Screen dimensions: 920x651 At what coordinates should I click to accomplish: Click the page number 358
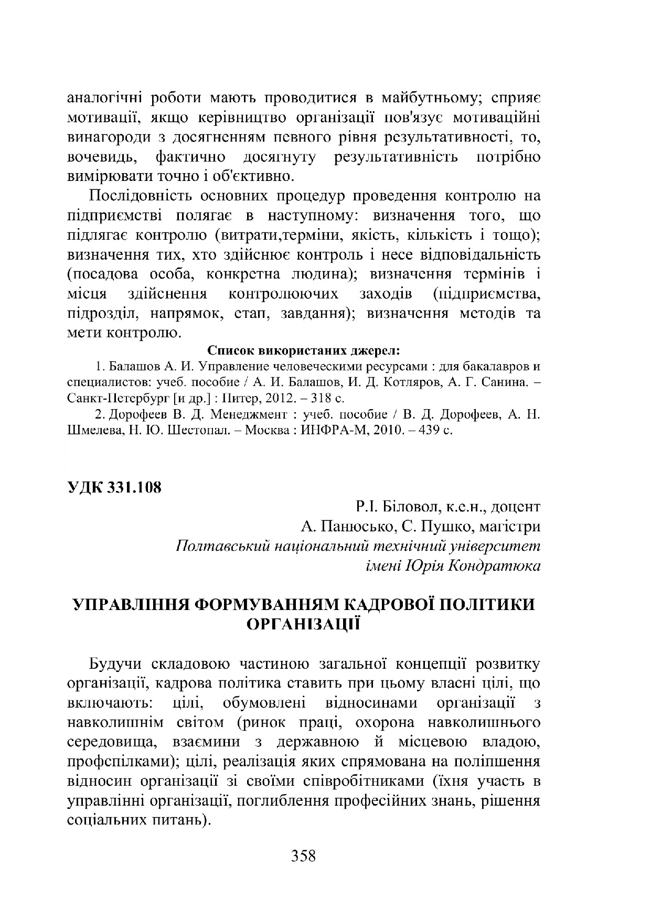click(303, 856)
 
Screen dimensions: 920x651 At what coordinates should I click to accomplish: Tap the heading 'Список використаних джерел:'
click(304, 350)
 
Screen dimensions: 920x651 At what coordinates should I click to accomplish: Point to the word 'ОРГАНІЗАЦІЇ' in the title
click(303, 624)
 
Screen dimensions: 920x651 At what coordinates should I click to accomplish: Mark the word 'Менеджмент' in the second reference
click(249, 415)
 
